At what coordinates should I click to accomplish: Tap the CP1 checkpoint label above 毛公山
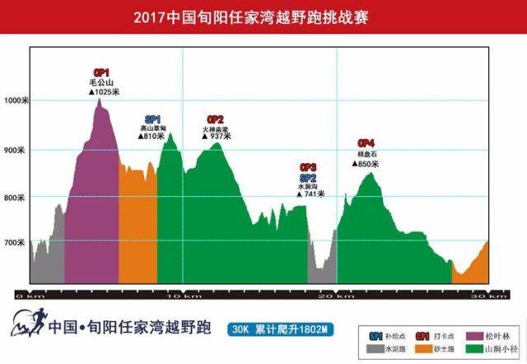[101, 72]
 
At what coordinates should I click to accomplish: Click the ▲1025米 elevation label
[105, 92]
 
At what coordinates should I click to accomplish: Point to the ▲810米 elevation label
[153, 136]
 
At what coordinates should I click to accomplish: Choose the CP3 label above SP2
[308, 167]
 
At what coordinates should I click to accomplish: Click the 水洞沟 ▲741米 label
[310, 194]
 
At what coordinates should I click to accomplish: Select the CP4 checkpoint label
[366, 143]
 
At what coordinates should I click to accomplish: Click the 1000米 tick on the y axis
[16, 102]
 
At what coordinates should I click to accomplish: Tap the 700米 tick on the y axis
[16, 244]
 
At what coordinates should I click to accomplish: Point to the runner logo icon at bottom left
[25, 325]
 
